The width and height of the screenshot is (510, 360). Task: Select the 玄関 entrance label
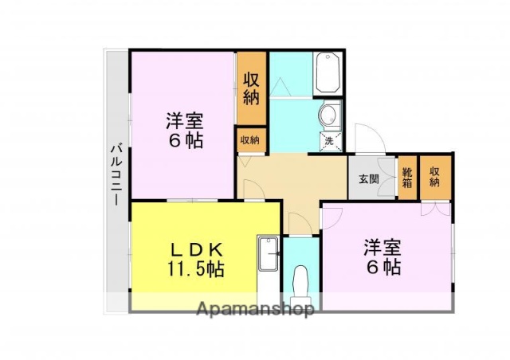[x=368, y=178]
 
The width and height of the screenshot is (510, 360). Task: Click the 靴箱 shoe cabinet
[x=407, y=177]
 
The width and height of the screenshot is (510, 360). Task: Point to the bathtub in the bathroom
[x=328, y=73]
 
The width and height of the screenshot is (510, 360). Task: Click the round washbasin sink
[x=328, y=115]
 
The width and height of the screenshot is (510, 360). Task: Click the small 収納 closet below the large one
[x=250, y=139]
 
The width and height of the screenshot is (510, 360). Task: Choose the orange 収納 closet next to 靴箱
[x=434, y=176]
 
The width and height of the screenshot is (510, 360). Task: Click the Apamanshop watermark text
[x=255, y=308]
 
